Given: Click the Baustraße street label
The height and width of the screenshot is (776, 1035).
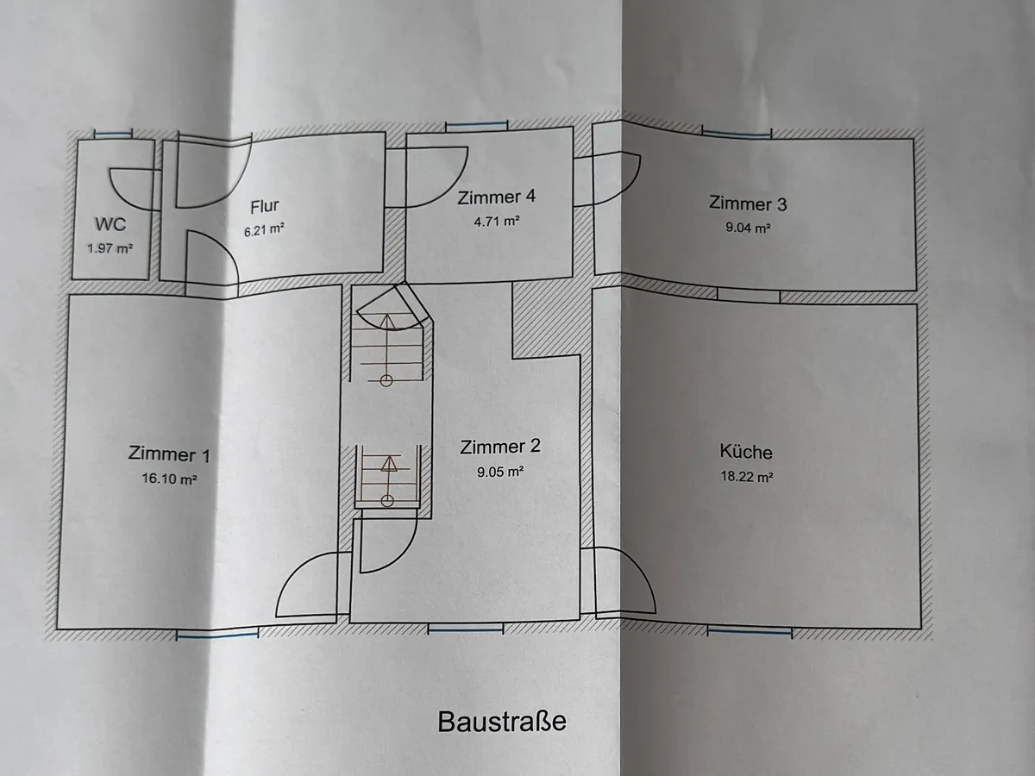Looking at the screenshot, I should (502, 721).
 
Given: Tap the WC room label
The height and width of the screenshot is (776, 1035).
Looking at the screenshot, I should (110, 225).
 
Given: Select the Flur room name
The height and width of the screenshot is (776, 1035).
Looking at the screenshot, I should (266, 207).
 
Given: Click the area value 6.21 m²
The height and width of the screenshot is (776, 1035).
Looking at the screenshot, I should (266, 230).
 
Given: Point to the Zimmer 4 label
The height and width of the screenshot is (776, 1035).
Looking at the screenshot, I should (497, 197).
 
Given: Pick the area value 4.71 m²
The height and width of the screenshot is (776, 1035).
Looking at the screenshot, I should (495, 221).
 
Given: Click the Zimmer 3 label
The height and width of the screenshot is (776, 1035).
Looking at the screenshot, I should (747, 204).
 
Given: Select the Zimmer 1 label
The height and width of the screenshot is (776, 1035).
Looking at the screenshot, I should (168, 454).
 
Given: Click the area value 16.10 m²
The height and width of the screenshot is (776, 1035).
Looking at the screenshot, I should (170, 479).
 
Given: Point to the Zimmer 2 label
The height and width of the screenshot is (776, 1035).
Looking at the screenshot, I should (500, 447).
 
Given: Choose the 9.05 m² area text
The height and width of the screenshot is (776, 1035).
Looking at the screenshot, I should (500, 472).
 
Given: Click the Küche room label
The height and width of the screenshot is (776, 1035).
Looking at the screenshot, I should (746, 451).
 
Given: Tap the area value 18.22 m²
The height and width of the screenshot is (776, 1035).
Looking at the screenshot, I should (746, 476).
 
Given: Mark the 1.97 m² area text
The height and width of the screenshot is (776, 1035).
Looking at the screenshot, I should (110, 249).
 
